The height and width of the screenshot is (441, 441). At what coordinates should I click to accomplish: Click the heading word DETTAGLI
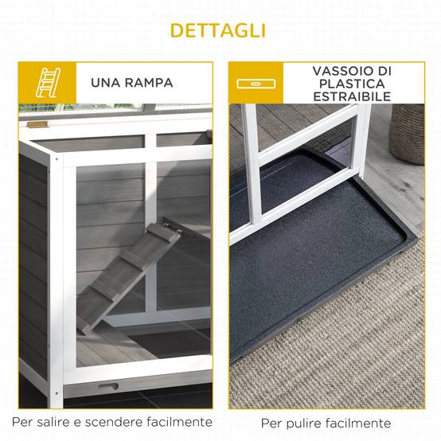[x=218, y=30]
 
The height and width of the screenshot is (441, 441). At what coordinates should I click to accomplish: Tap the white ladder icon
[x=48, y=83]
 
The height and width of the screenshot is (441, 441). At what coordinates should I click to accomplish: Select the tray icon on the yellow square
[x=256, y=84]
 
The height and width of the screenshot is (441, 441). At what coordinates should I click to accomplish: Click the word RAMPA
[x=149, y=83]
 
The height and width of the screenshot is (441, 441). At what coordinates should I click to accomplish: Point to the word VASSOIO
[x=343, y=71]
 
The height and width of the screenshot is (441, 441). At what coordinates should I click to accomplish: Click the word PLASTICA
[x=352, y=84]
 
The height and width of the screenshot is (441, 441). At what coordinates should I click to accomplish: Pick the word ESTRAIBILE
[x=352, y=96]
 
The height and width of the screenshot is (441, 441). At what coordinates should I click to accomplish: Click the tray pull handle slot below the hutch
[x=108, y=386]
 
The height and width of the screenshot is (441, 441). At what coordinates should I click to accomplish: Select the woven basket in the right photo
[x=407, y=134]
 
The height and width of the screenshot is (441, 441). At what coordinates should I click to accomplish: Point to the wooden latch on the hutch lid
[x=37, y=125]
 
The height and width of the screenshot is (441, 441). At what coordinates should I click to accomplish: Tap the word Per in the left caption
[x=23, y=422]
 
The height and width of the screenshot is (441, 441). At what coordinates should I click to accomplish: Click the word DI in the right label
[x=384, y=71]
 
